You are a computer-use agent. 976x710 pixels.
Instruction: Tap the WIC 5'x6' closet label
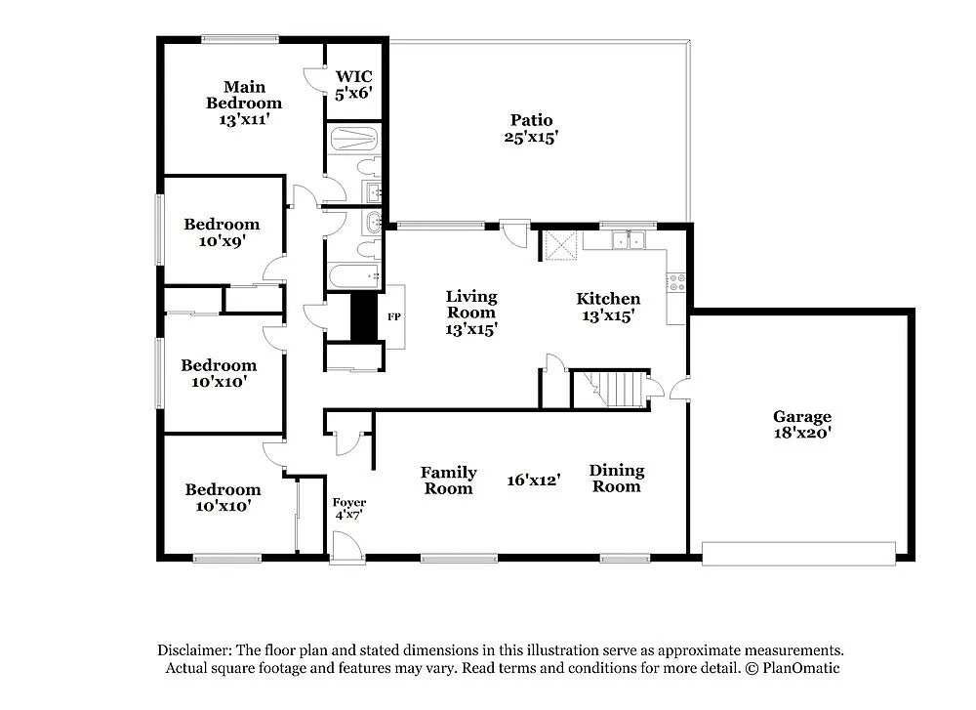point(353,85)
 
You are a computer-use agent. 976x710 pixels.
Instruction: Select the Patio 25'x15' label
point(531,129)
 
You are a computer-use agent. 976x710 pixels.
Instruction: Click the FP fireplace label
point(394,317)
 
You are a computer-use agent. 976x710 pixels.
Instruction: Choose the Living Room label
point(471,313)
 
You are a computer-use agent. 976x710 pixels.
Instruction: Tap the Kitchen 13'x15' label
point(608,307)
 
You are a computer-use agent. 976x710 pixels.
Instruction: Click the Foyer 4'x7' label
point(349,509)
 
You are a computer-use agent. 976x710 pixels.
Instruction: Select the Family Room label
point(448,480)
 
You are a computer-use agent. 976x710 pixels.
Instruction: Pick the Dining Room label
point(616,479)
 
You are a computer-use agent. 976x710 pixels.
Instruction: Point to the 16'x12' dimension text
point(533,480)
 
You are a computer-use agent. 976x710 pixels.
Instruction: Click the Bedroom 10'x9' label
point(222,231)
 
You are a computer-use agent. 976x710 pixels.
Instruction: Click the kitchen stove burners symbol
point(674,282)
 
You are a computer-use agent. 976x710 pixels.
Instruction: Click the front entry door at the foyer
point(345,548)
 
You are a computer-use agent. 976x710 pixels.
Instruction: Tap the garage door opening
point(798,554)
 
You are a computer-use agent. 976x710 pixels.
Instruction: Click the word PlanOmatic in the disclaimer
point(800,668)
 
